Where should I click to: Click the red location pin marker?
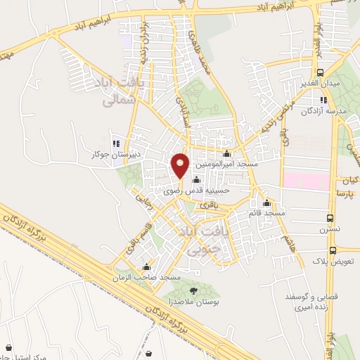pos(181,165)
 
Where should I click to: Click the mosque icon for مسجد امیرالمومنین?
pos(226,154)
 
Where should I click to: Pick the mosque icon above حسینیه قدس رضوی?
pos(195,179)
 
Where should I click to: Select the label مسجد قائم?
pos(266,212)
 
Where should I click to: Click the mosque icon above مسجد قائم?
pos(267,202)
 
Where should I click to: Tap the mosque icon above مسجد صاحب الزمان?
pos(146,267)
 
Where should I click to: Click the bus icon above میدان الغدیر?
pos(321,72)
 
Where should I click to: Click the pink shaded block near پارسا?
pos(306,180)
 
